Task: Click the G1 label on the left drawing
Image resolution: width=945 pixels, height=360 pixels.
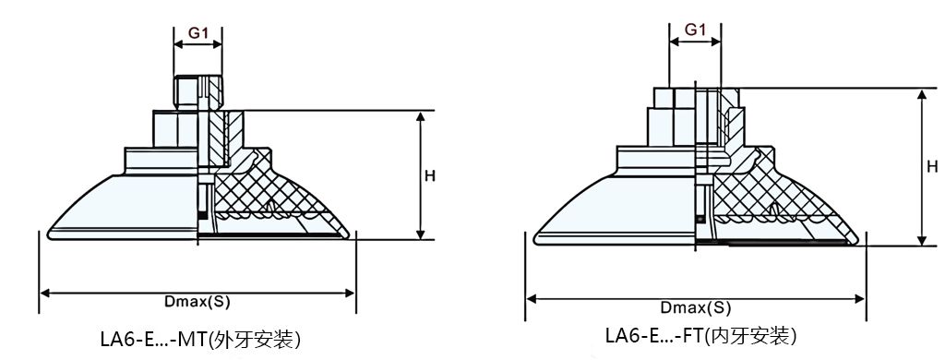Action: click(197, 33)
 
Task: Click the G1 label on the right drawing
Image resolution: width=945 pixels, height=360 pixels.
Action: click(695, 30)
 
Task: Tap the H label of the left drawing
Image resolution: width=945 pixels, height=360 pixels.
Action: click(430, 176)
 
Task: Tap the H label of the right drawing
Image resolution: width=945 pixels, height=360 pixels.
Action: click(932, 166)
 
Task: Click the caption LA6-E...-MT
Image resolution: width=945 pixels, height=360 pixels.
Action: click(154, 340)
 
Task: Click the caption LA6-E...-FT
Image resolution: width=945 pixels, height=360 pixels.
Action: click(654, 335)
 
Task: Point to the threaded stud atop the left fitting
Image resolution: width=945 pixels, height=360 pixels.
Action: click(198, 92)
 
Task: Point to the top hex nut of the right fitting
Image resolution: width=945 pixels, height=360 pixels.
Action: click(696, 97)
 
